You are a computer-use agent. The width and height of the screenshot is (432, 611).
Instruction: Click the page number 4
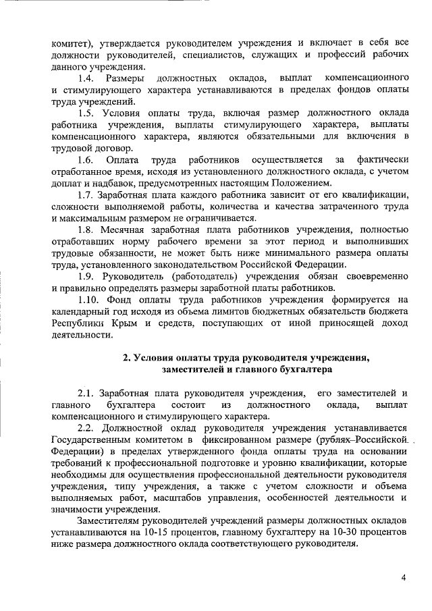pyautogui.click(x=403, y=577)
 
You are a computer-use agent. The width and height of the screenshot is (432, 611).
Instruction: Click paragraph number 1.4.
pyautogui.click(x=85, y=79)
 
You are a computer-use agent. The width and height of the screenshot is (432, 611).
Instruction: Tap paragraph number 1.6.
pyautogui.click(x=85, y=159)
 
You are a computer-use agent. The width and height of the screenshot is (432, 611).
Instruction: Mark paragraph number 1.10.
pyautogui.click(x=88, y=300)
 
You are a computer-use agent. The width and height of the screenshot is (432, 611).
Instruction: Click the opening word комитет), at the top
pyautogui.click(x=72, y=43)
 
